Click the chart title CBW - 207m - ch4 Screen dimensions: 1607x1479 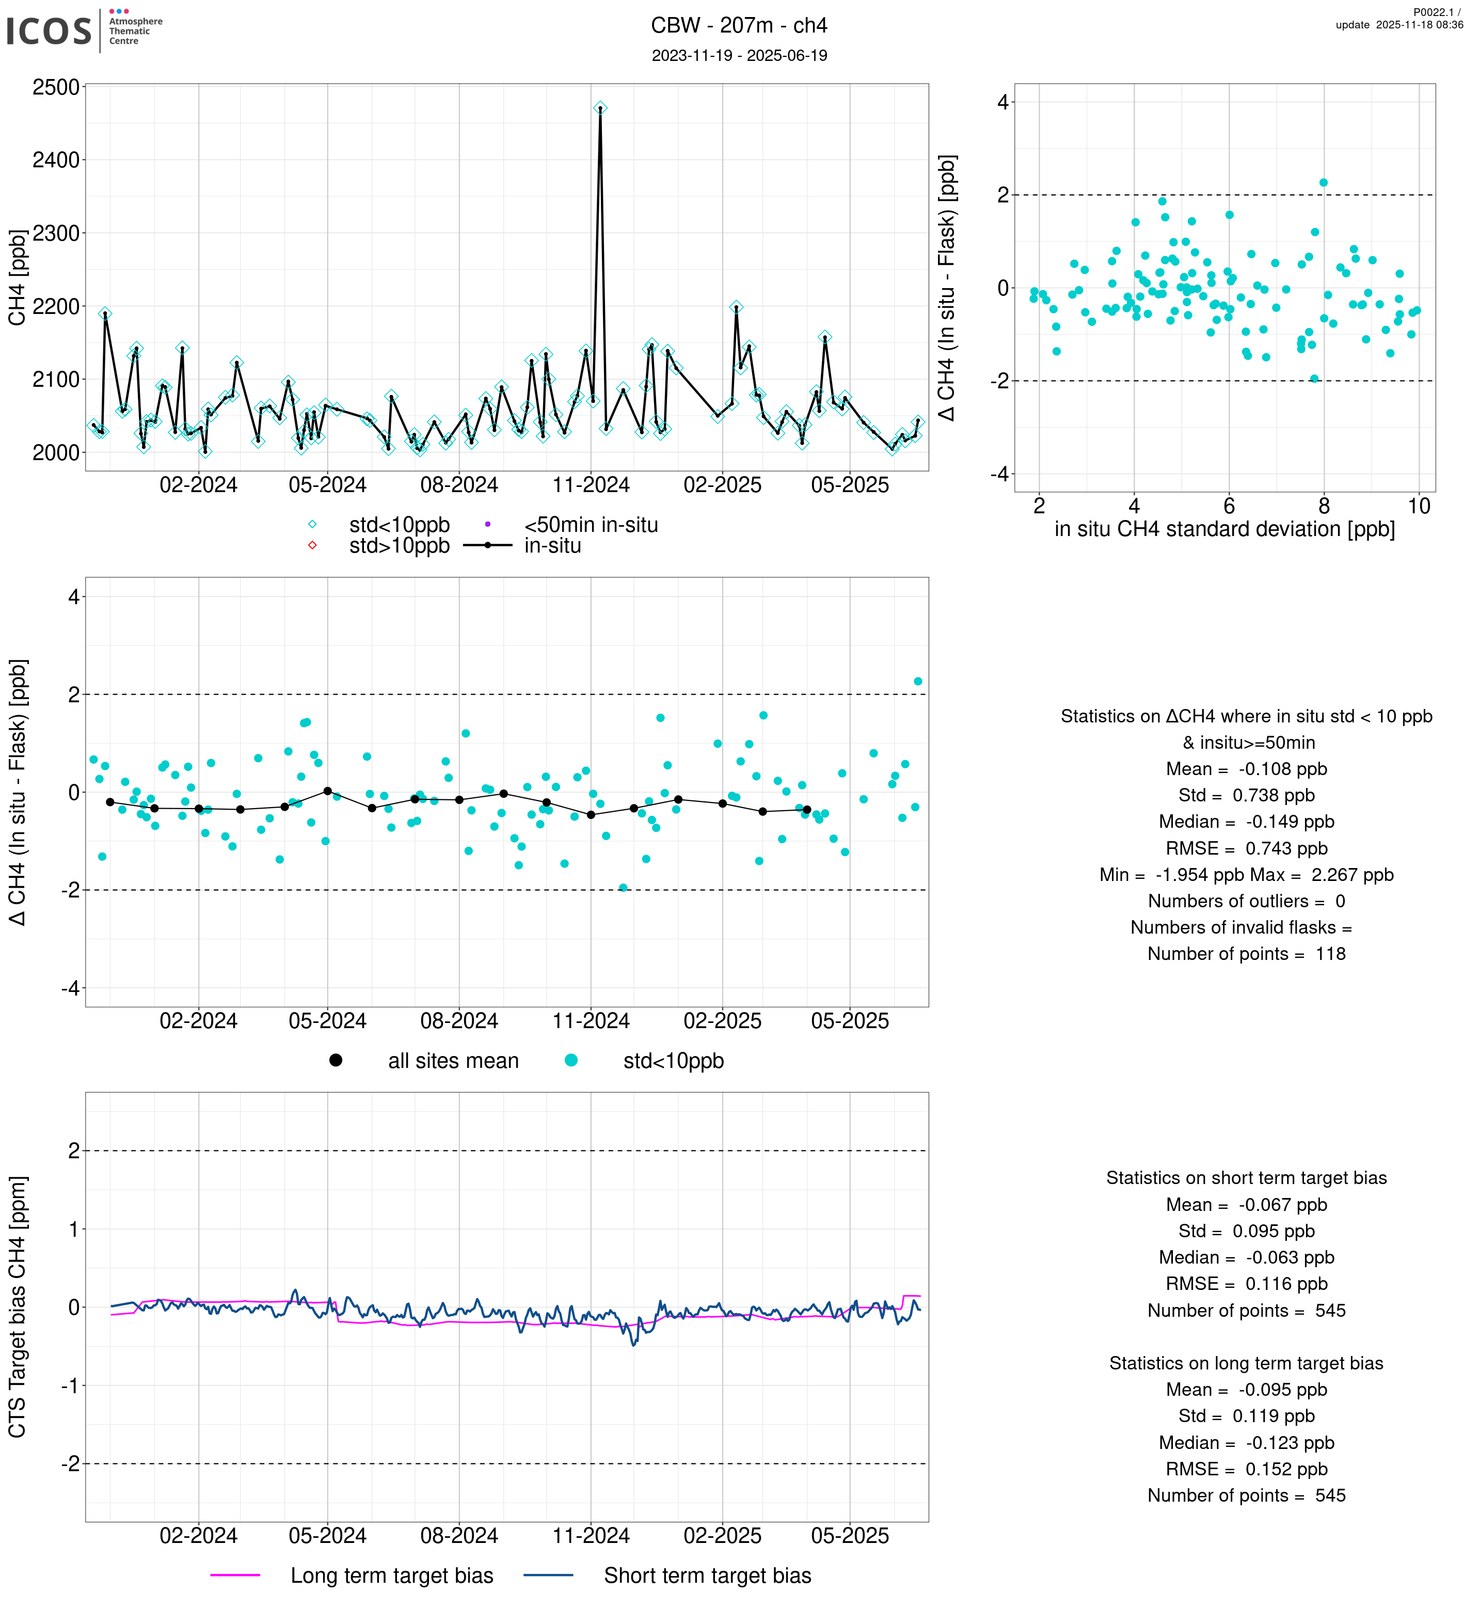739,26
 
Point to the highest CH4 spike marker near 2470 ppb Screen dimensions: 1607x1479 600,108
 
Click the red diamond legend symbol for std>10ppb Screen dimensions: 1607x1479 312,545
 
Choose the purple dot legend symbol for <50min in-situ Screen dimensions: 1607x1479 487,525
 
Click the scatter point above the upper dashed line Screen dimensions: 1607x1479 1324,183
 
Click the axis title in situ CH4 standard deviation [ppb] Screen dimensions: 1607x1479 1224,529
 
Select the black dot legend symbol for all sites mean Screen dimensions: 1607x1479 336,1060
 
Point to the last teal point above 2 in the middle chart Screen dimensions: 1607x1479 918,682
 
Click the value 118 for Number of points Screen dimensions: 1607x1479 1330,954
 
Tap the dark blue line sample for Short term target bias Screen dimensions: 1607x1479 548,1575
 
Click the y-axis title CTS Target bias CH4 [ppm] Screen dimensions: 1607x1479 18,1307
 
